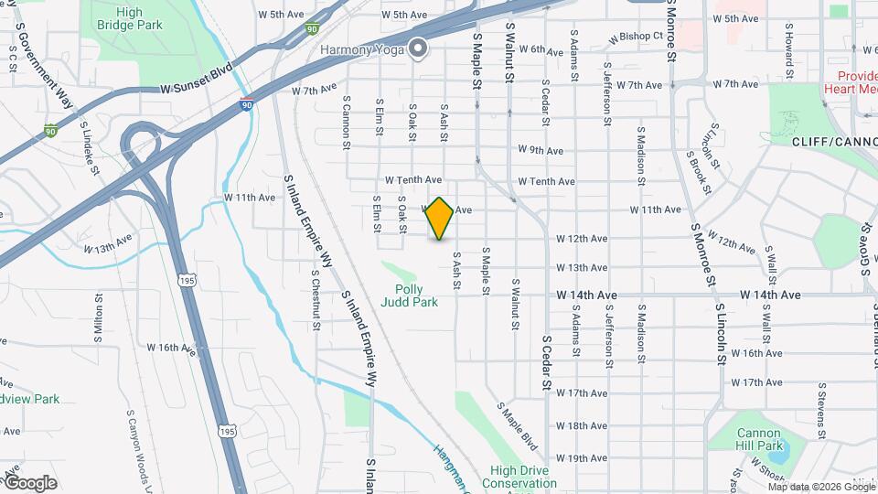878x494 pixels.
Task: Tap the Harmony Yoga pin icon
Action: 418,48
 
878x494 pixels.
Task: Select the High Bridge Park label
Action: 129,19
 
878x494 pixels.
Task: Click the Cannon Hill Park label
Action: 761,439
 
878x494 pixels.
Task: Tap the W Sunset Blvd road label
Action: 197,81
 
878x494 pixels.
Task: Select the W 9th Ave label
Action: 540,150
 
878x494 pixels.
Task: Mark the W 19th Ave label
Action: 581,457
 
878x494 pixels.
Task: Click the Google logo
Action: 30,483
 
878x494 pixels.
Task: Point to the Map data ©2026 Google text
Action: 819,487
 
